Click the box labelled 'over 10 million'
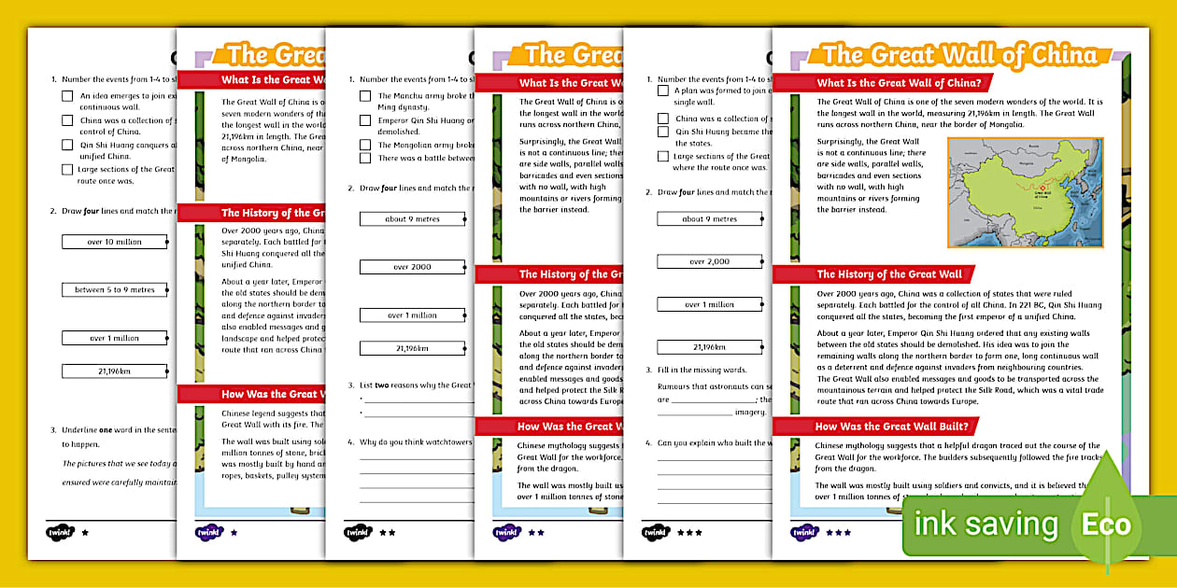click(115, 242)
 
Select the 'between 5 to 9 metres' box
click(115, 290)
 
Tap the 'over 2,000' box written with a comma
click(710, 261)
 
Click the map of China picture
click(1025, 192)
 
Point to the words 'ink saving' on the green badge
click(986, 525)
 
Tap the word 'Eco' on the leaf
click(1106, 525)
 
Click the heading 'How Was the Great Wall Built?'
click(892, 427)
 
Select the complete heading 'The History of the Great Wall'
click(889, 274)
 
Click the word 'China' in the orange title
click(1060, 54)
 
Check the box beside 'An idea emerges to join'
click(67, 96)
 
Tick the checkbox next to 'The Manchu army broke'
click(365, 96)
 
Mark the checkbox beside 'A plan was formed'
click(662, 91)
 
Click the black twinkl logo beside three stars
click(656, 532)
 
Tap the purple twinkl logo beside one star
click(209, 532)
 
